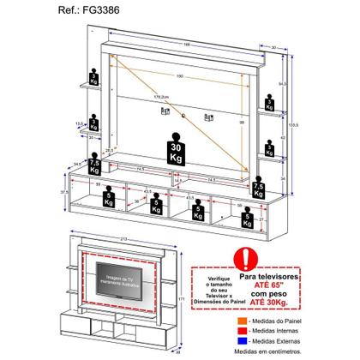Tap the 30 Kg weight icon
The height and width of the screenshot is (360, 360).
point(177,143)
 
